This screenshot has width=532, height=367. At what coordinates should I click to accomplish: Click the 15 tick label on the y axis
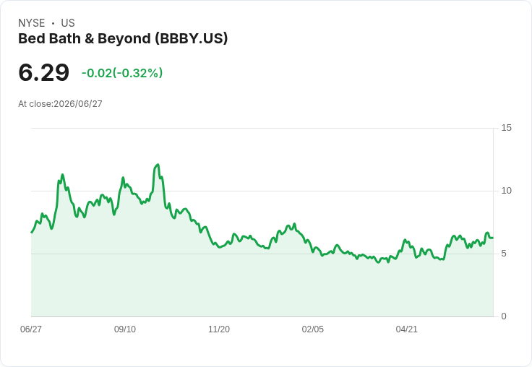[506, 128]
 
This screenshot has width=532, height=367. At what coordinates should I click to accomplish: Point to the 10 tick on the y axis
[506, 191]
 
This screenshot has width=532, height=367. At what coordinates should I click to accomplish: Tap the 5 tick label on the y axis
[504, 254]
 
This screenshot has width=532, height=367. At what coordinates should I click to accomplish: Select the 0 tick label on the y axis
[504, 316]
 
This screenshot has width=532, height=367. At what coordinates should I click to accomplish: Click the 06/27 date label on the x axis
[31, 329]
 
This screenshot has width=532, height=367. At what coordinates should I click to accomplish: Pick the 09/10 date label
[125, 329]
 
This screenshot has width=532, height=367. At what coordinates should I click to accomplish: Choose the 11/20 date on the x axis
[219, 329]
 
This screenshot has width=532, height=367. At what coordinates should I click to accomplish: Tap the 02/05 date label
[313, 329]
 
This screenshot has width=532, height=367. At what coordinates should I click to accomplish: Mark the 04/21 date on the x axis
[406, 329]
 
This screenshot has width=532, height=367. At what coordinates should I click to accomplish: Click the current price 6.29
[44, 73]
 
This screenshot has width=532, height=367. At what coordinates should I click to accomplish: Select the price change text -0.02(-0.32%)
[122, 73]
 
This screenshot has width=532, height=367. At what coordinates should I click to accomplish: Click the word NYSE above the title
[32, 23]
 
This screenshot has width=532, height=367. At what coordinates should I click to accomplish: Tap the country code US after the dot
[68, 23]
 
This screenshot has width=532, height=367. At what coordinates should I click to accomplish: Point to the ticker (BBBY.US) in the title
[192, 38]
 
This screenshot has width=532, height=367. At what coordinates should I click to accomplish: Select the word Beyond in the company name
[124, 39]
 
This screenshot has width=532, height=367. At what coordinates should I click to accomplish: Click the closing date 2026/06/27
[78, 104]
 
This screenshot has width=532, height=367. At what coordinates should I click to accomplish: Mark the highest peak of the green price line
[158, 165]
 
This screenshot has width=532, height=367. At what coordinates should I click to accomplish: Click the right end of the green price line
[493, 238]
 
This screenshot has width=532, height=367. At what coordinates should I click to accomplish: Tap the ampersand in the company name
[89, 39]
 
